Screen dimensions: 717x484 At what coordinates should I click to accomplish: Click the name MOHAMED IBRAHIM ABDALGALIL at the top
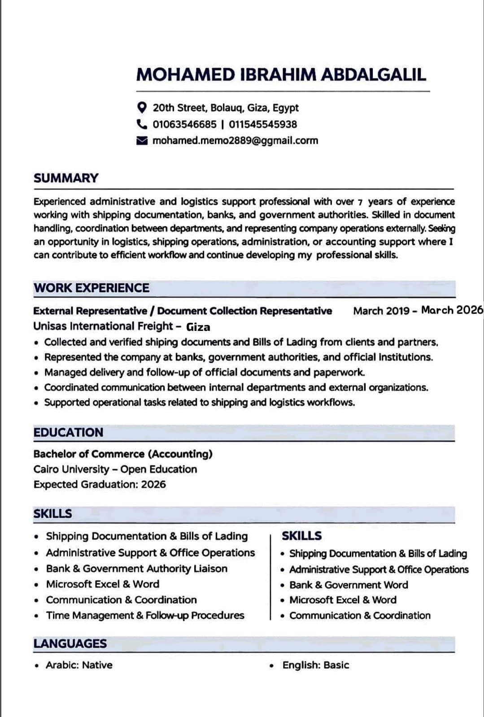pos(281,75)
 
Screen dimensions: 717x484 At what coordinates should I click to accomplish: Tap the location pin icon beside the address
pos(142,108)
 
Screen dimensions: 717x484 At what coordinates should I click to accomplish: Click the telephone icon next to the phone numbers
pos(142,124)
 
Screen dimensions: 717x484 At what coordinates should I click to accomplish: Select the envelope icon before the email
pos(142,141)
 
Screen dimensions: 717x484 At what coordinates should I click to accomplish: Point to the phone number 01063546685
pos(184,124)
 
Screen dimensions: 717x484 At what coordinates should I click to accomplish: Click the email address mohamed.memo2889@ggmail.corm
pos(235,140)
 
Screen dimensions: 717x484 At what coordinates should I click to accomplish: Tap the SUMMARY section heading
pos(66,178)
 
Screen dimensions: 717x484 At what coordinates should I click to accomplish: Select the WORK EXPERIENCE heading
pos(92,288)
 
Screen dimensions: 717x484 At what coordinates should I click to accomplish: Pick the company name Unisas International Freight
pos(103,326)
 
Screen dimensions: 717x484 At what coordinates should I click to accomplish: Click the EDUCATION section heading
pos(68,432)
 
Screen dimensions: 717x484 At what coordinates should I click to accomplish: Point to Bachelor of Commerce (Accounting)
pos(123,454)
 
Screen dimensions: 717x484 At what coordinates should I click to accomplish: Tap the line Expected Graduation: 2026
pos(100,484)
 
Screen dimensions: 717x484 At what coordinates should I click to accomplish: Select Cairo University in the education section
pos(71,469)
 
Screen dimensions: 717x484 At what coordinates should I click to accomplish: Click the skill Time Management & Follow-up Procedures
pos(145,615)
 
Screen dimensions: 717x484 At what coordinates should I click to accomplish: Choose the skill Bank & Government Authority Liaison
pos(136,569)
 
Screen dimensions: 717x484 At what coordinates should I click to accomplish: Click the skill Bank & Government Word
pos(349,585)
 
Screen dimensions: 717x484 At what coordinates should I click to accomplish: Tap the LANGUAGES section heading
pos(70,643)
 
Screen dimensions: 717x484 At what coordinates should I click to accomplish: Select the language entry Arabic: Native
pos(79,665)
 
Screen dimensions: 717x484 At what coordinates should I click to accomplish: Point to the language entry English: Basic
pos(315,665)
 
